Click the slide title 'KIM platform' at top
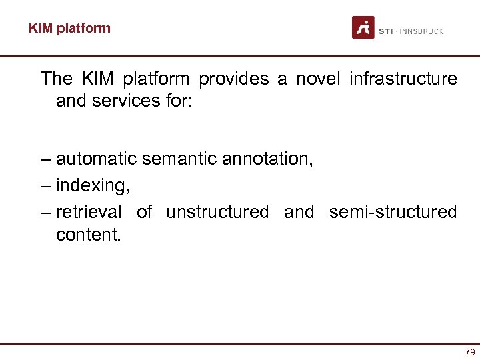69,28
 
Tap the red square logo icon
363,27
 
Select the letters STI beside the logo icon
385,31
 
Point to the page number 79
469,352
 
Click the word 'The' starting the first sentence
57,79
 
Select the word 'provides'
233,79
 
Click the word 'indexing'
93,186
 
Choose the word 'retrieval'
89,212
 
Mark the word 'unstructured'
217,212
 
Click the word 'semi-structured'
393,212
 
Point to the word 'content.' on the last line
89,235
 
